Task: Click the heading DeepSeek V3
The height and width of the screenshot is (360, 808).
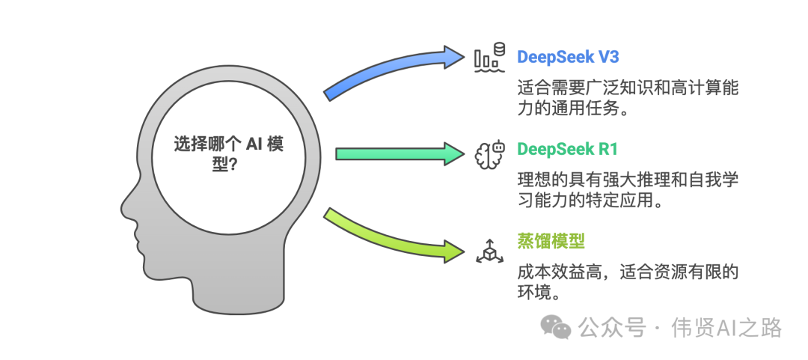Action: (568, 57)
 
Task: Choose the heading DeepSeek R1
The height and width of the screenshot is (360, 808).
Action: (567, 149)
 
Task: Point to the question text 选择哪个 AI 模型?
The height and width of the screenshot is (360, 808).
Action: (229, 153)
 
